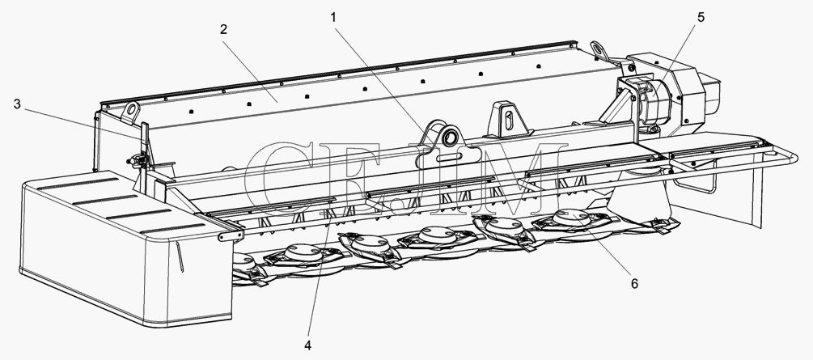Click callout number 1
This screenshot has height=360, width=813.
click(x=333, y=18)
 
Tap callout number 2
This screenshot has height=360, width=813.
click(x=223, y=30)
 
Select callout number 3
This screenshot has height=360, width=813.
click(x=17, y=104)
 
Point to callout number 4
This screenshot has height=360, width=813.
click(x=308, y=345)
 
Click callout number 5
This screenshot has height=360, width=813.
click(x=701, y=18)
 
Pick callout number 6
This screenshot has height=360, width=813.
click(x=634, y=283)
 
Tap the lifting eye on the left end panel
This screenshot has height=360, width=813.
click(x=132, y=110)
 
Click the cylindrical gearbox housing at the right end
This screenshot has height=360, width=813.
click(x=654, y=102)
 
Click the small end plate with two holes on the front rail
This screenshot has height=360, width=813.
click(x=231, y=236)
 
